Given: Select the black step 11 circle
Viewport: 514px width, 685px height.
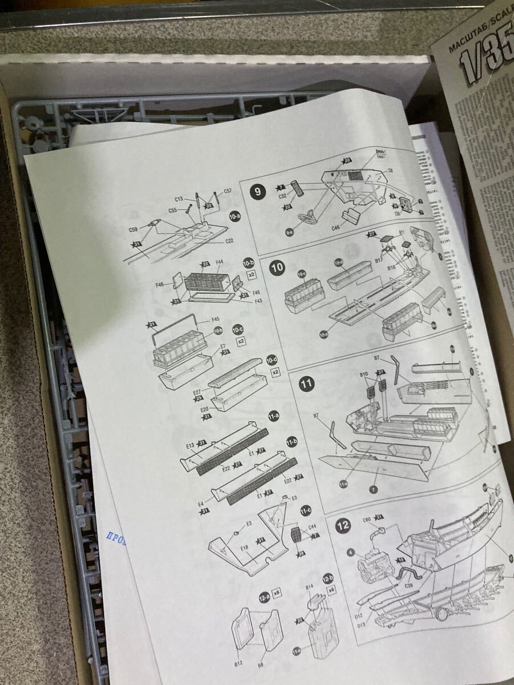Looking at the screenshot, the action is click(307, 384).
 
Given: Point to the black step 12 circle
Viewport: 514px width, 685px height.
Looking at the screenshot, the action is click(343, 526).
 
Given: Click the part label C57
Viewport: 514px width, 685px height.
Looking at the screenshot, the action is click(227, 191).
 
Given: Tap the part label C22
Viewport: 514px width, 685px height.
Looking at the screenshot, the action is click(228, 241).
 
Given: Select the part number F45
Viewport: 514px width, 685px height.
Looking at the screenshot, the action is click(216, 319).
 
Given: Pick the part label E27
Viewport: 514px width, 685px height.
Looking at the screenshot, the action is click(197, 393).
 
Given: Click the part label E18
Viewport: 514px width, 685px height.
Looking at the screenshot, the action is click(245, 548).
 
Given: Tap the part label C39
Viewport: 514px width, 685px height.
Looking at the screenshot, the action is click(409, 586).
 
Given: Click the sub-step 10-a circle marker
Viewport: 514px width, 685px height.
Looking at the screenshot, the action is click(234, 216).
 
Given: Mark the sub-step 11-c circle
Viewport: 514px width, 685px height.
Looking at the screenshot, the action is click(305, 509).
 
